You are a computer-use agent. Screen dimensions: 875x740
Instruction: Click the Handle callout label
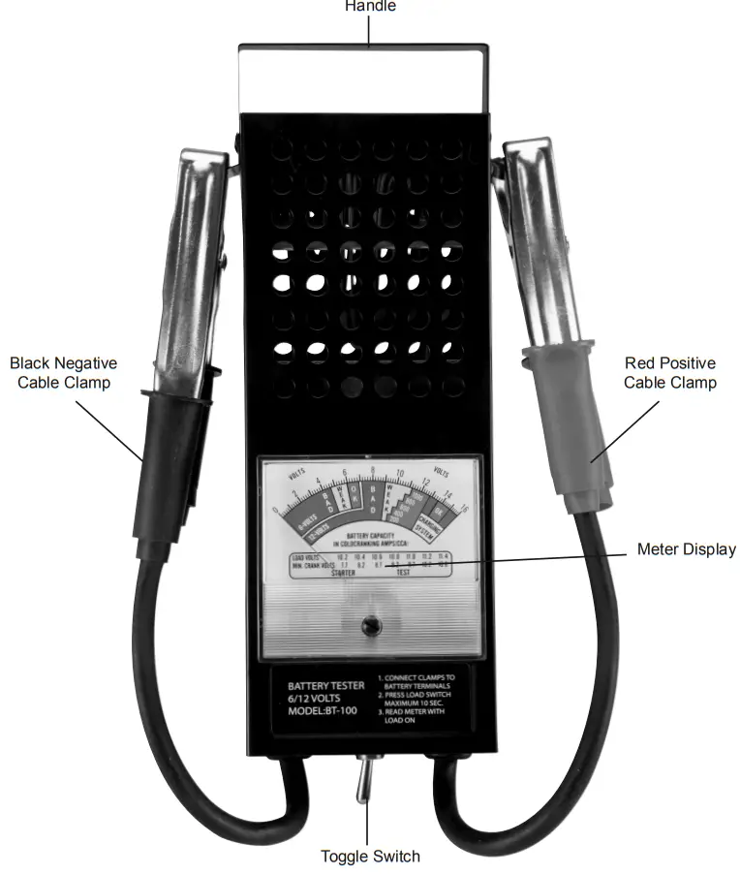[x=370, y=6]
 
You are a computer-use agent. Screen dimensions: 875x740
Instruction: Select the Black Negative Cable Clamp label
[x=64, y=373]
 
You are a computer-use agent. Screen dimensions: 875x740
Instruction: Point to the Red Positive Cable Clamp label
[x=670, y=373]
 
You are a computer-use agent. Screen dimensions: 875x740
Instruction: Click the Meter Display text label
[x=686, y=549]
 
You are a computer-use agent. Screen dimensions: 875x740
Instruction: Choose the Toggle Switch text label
[x=370, y=856]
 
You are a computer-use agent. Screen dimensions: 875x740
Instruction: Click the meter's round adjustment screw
[x=368, y=628]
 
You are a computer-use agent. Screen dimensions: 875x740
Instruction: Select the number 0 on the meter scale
[x=277, y=510]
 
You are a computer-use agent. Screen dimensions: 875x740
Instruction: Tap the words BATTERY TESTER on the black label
[x=326, y=686]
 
